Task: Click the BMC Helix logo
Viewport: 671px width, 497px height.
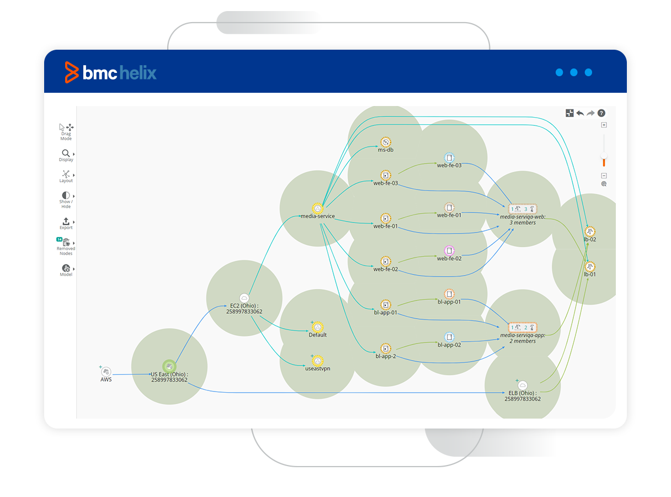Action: tap(111, 72)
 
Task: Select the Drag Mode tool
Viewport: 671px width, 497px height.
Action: tap(66, 128)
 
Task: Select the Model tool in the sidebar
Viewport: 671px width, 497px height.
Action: tap(66, 268)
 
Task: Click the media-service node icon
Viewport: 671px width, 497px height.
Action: tap(317, 208)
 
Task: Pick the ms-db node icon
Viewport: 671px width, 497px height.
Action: tap(386, 141)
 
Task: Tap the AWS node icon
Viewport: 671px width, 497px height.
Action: tap(106, 372)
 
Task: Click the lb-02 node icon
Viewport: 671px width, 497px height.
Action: tap(590, 231)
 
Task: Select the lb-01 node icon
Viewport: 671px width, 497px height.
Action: tap(590, 266)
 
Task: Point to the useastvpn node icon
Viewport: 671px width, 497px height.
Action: tap(317, 361)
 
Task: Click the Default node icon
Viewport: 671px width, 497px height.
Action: tap(317, 327)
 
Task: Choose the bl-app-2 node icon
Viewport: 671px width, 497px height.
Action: tap(385, 348)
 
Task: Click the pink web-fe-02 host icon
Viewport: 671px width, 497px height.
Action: tap(449, 250)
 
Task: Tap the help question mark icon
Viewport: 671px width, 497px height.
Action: tap(601, 113)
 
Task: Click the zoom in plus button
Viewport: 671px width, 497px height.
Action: tap(604, 125)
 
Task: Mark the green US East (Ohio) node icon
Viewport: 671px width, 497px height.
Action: tap(169, 366)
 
